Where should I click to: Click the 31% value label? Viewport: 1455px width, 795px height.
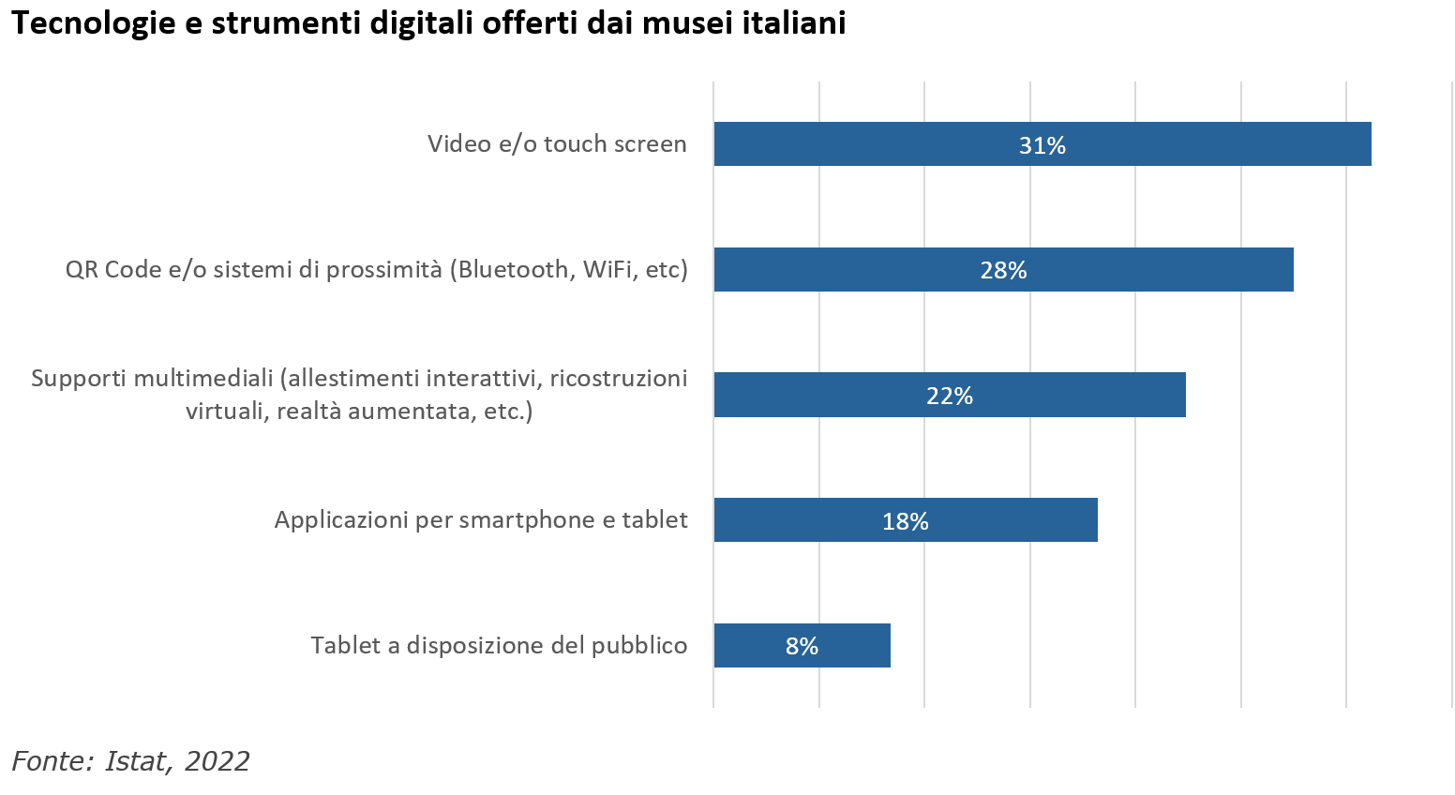point(1042,145)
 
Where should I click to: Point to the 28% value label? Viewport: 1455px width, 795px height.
point(1003,271)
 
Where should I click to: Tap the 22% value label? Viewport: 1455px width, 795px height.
point(950,396)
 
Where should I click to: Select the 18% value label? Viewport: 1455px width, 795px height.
point(905,521)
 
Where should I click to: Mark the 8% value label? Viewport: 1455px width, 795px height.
point(802,646)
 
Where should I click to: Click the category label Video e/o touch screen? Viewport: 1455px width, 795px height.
point(557,144)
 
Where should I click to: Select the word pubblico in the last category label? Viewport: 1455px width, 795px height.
point(639,646)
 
